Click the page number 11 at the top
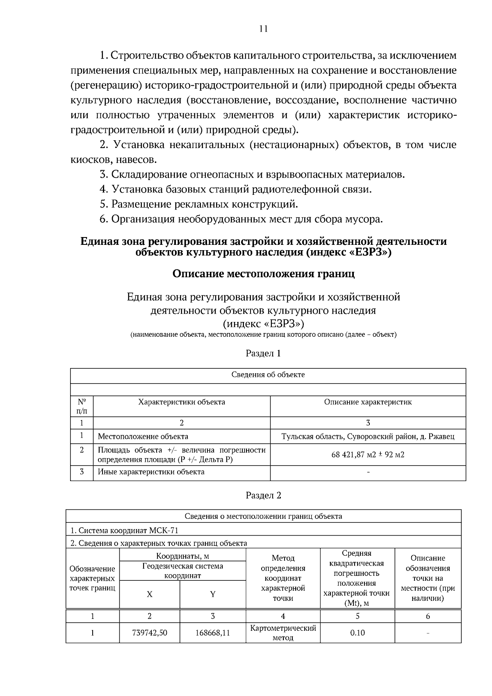point(263,29)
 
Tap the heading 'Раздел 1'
point(263,353)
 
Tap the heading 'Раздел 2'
point(263,495)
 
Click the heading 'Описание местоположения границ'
point(263,274)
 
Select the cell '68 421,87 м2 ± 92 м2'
point(368,454)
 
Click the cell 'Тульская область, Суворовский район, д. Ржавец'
point(368,436)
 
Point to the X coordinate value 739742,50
point(150,632)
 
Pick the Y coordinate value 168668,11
point(213,632)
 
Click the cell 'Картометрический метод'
point(283,632)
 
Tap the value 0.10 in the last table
point(357,632)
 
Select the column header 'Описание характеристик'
point(368,402)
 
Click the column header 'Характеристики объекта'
point(182,402)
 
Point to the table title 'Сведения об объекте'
point(268,374)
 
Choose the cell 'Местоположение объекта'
point(143,436)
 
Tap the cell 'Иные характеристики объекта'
point(151,472)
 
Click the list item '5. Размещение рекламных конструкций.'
point(199,204)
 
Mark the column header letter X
point(150,594)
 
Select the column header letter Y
point(213,594)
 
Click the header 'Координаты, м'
point(182,556)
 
